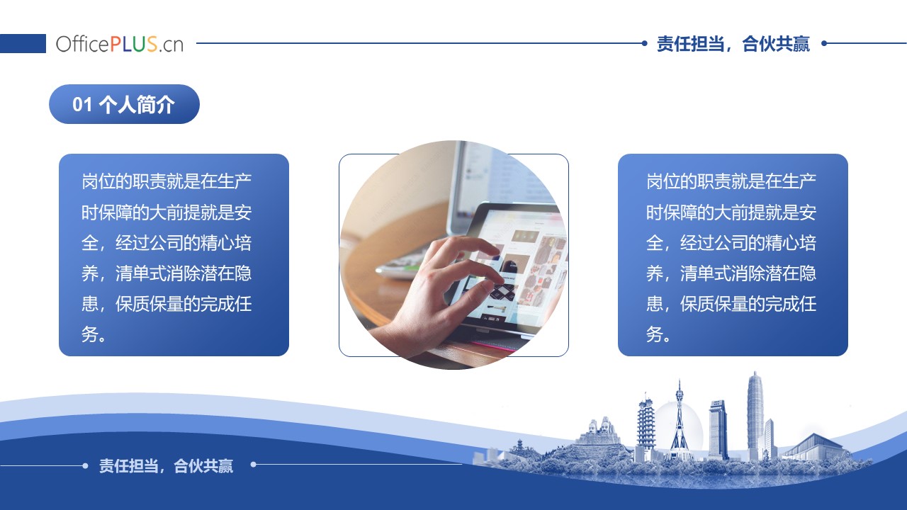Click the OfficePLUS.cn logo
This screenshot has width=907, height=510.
pos(120,44)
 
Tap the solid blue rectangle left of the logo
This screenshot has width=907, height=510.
pos(23,43)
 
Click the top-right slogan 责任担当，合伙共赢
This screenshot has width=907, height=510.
pos(733,44)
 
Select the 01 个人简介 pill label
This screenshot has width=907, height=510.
pos(124,104)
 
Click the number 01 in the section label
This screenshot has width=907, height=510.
pos(83,104)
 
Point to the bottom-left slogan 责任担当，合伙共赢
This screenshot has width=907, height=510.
pos(166,466)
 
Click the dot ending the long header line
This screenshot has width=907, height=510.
pos(645,43)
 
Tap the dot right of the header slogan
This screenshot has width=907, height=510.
pos(824,43)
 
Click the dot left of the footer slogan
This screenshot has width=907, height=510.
pos(85,465)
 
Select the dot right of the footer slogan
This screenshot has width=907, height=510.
pos(254,464)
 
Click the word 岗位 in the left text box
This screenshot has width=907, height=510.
pos(98,181)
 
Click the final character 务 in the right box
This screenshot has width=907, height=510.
pos(654,334)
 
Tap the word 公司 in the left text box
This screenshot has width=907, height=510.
pos(167,243)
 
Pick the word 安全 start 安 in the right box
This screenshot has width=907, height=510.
pos(807,212)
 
